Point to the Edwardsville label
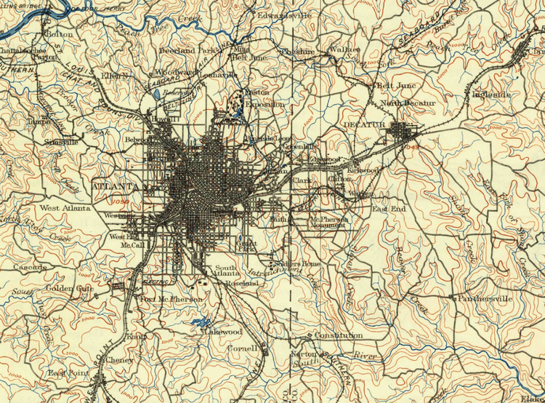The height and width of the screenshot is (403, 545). (x=284, y=15)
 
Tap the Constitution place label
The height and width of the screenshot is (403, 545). (x=339, y=335)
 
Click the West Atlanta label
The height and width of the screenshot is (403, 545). (x=65, y=208)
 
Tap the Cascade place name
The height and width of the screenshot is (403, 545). (x=31, y=268)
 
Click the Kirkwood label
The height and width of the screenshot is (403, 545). (x=364, y=169)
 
